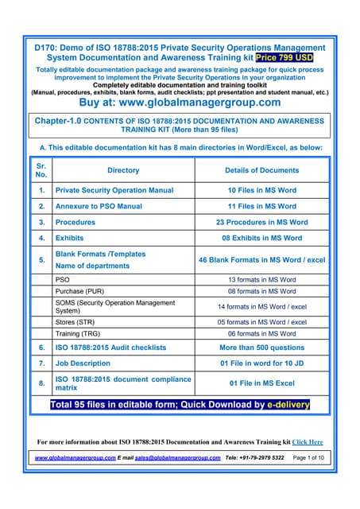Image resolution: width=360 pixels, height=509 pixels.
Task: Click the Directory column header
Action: [x=122, y=170]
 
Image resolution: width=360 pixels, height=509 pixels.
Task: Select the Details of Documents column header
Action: [x=261, y=170]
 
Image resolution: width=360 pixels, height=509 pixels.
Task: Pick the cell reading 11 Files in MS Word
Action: [x=261, y=207]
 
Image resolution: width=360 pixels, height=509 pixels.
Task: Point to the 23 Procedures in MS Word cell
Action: [x=261, y=223]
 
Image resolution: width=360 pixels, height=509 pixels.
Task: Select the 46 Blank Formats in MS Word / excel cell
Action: [x=261, y=259]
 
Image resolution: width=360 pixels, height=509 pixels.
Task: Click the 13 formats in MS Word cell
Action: [x=261, y=280]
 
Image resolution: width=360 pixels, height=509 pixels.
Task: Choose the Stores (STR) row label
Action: [x=77, y=322]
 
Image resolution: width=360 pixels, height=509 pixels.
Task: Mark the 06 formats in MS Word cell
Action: [x=261, y=334]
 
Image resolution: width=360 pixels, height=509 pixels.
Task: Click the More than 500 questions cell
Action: [x=261, y=348]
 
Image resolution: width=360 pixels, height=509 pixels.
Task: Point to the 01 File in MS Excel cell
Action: [x=261, y=383]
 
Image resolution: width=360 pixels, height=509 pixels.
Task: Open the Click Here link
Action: [x=308, y=441]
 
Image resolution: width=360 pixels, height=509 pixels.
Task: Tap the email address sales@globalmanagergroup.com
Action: [x=177, y=458]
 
